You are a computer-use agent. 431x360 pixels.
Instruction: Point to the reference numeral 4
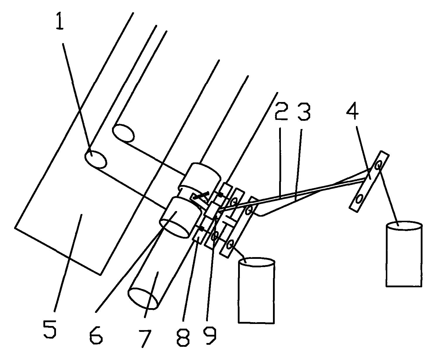[352, 112]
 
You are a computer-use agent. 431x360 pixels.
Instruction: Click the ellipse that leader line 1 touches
[96, 159]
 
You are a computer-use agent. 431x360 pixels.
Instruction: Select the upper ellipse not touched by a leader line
[123, 133]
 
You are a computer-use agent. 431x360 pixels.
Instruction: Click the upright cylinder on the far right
[404, 254]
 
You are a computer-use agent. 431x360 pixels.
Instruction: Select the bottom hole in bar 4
[359, 199]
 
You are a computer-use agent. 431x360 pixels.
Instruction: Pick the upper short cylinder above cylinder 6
[201, 178]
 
